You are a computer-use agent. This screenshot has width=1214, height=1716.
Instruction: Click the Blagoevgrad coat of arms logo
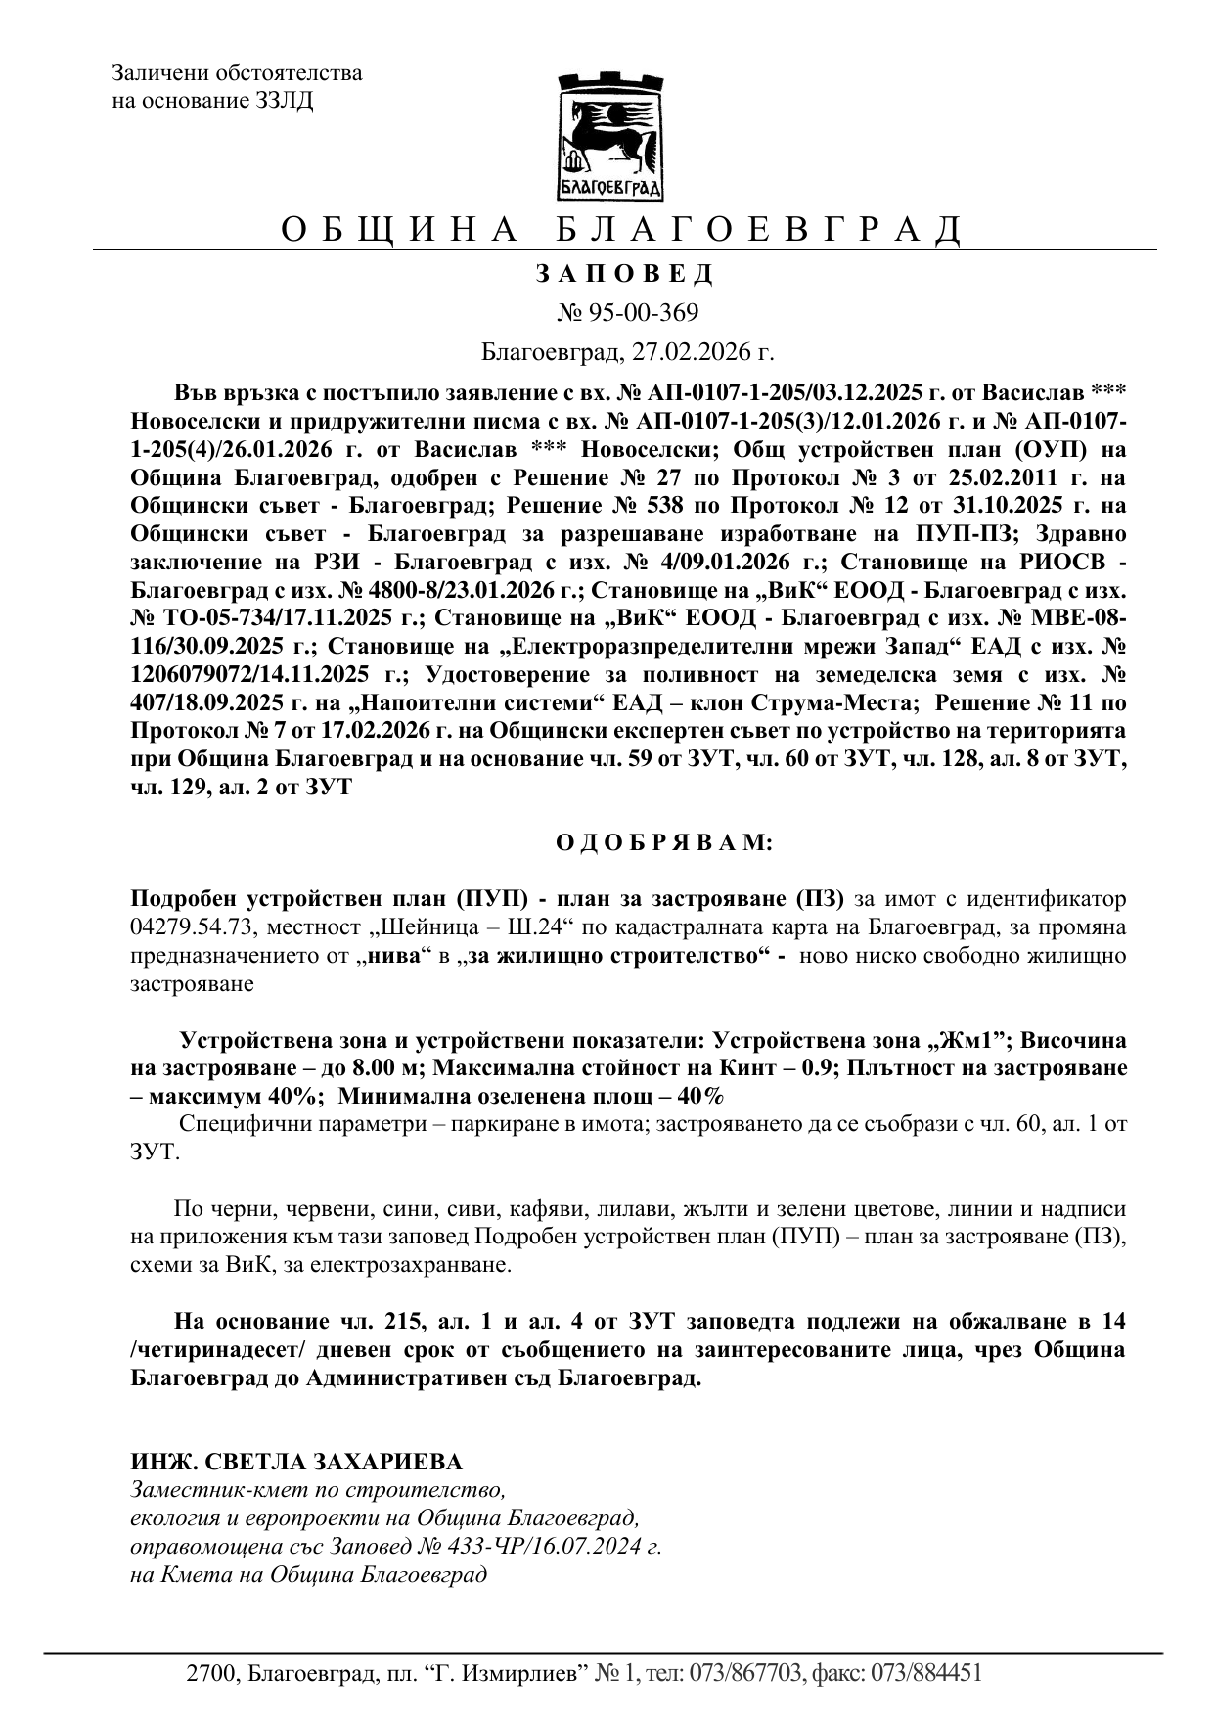pos(609,136)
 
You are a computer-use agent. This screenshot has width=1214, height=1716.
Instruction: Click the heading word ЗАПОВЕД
pos(625,274)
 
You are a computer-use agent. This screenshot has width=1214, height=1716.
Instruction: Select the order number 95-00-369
pos(641,313)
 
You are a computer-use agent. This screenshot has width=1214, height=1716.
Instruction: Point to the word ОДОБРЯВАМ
pos(664,842)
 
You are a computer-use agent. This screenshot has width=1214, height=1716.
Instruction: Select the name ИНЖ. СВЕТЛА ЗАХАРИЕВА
pos(296,1462)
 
